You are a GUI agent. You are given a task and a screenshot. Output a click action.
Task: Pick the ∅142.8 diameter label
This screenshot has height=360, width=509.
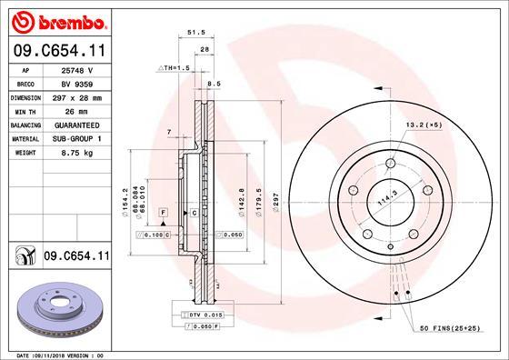click(241, 199)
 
